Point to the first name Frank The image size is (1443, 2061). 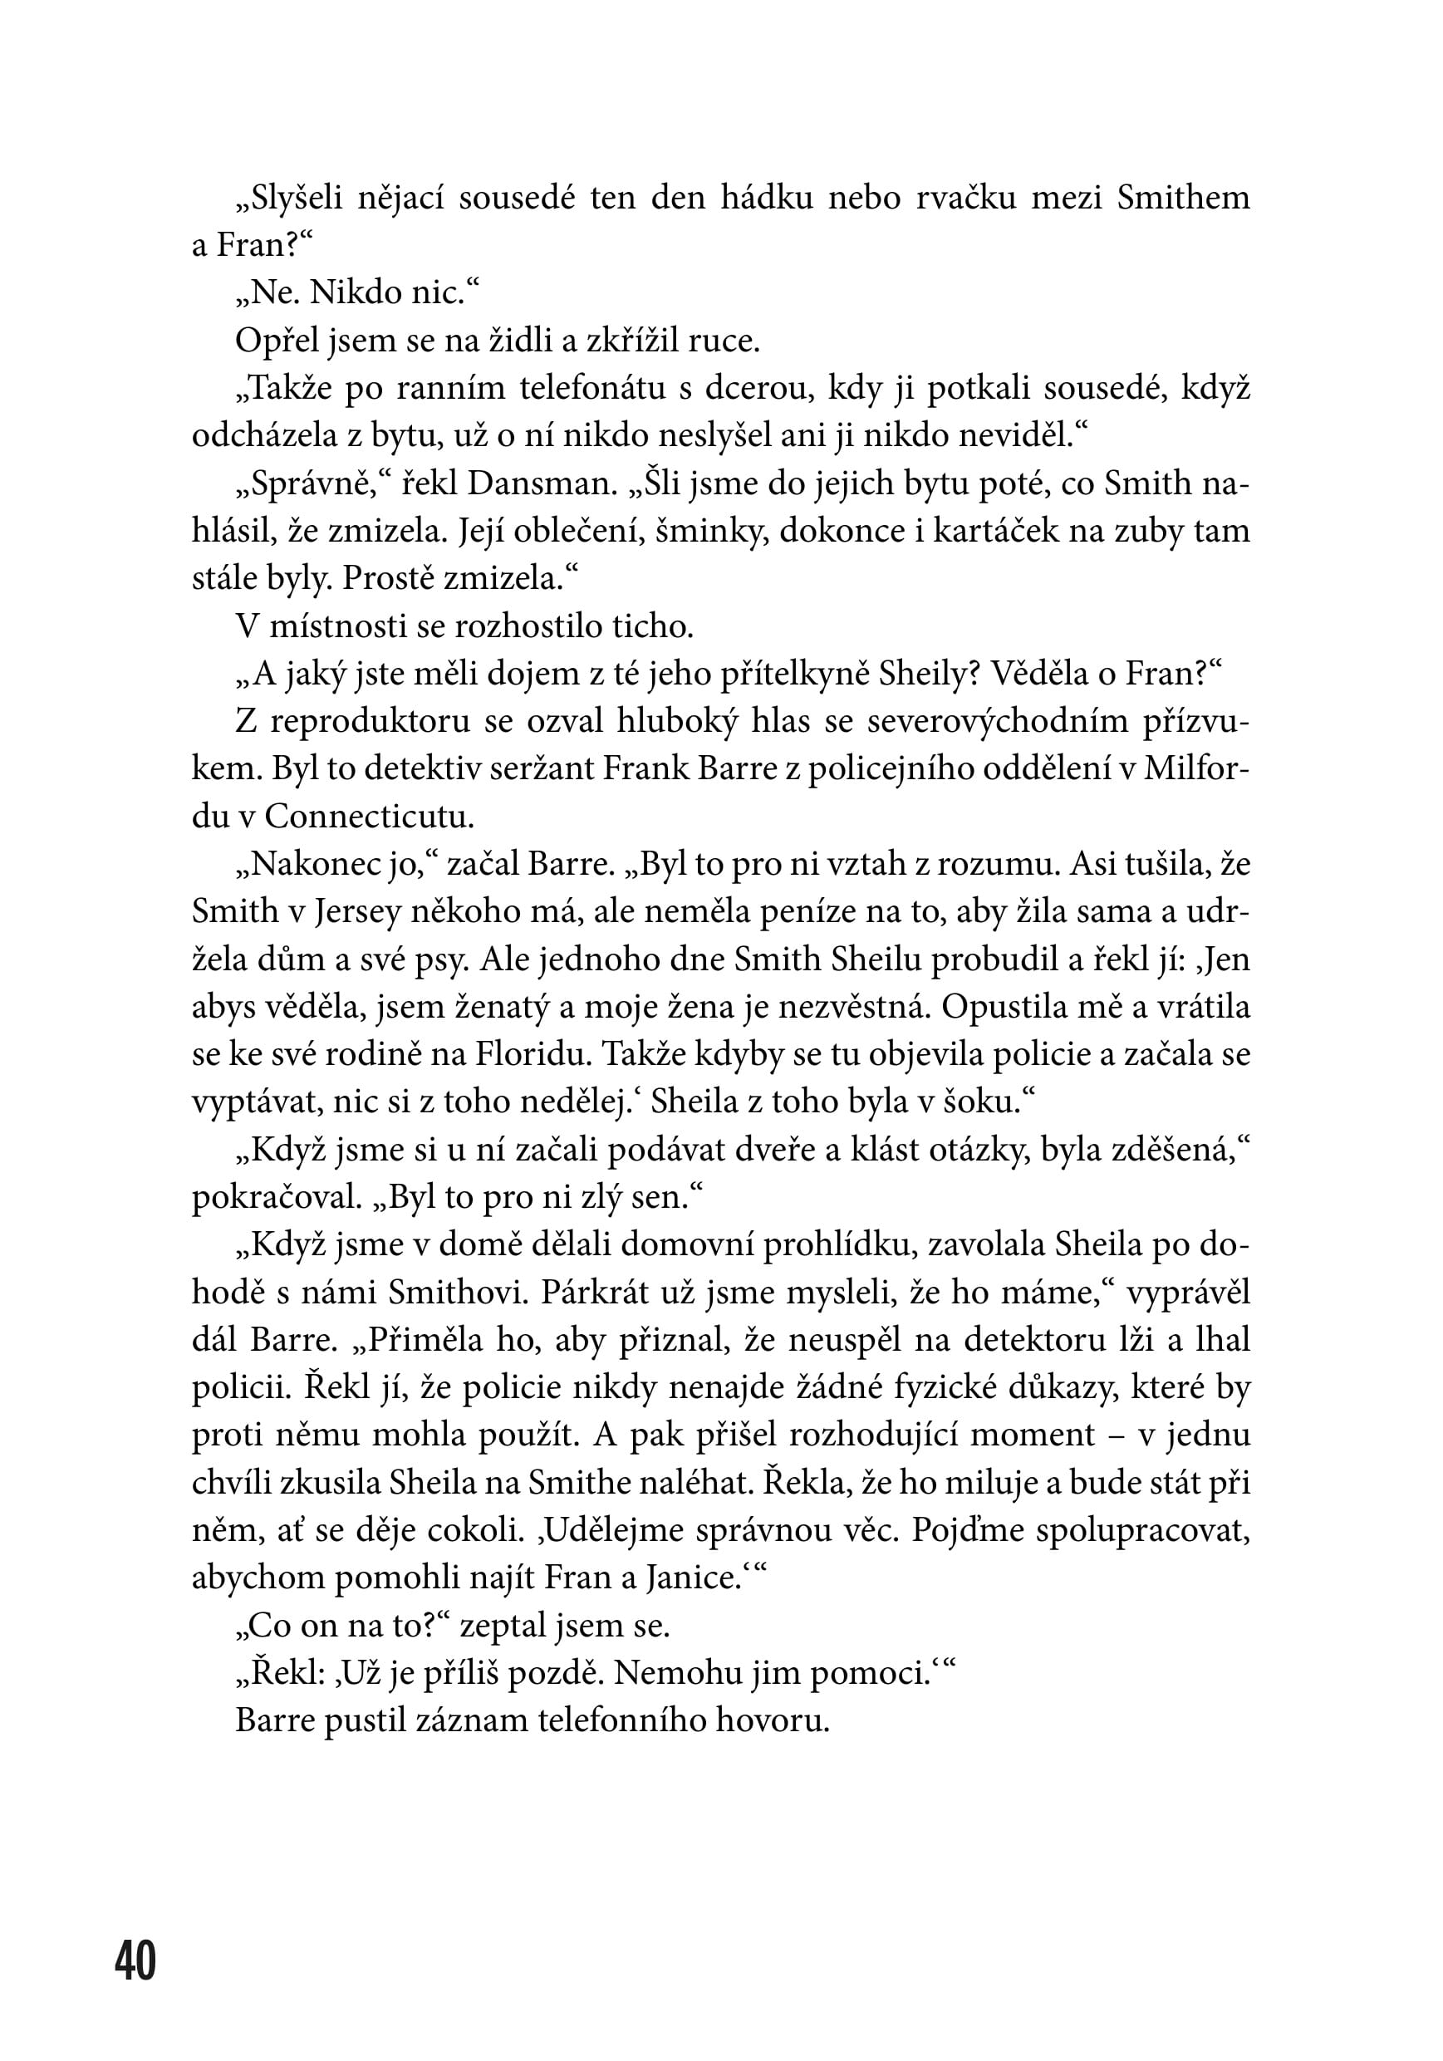tap(645, 769)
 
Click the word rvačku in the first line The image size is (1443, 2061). tap(965, 199)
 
